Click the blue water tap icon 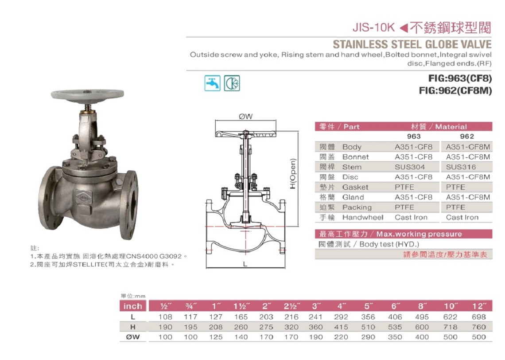213,83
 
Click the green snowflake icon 232,83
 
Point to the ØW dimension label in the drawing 246,116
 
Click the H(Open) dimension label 292,174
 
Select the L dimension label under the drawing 245,264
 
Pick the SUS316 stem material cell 461,167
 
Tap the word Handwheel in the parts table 363,218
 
